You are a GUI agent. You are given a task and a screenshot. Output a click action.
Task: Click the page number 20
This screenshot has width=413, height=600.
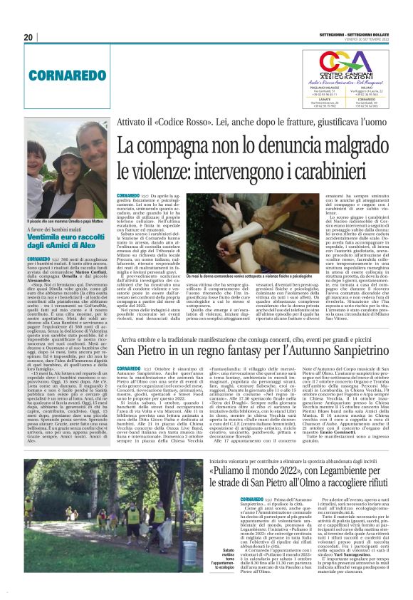[28, 37]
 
